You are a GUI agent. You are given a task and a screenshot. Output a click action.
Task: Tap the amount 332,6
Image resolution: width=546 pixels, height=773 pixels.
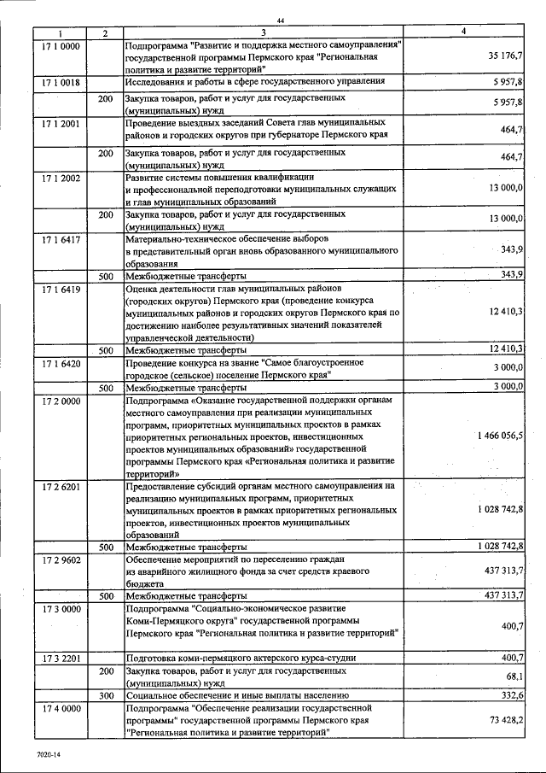pos(510,696)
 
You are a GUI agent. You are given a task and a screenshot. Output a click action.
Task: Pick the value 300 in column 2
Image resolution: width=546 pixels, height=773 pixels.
pos(106,696)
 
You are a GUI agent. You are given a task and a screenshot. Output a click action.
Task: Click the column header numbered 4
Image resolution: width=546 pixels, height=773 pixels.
pos(463,32)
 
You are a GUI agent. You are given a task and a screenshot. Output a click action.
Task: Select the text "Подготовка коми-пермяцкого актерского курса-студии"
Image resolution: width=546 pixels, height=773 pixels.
pos(240,658)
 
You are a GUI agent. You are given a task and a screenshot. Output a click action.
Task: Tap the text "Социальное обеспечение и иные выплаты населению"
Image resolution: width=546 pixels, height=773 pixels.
pos(235,696)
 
